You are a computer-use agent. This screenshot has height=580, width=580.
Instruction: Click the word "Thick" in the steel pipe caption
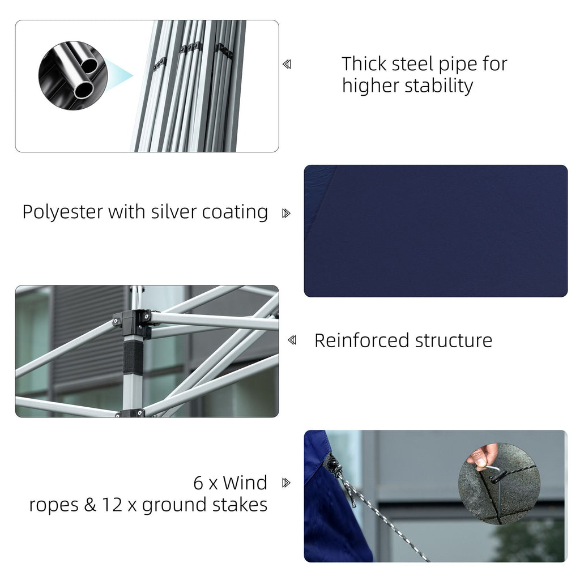(363, 64)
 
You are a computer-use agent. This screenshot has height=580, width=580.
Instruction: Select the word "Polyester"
(62, 212)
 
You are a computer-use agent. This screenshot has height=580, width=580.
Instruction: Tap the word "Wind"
(245, 483)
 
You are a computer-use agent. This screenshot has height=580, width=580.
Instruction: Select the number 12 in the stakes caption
(112, 505)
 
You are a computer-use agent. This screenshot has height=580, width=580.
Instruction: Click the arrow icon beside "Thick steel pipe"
(287, 65)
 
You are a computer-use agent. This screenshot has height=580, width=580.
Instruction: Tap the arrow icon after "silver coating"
(286, 214)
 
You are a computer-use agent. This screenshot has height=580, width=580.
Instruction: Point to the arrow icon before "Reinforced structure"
(292, 340)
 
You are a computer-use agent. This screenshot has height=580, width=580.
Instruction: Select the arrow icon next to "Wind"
(286, 483)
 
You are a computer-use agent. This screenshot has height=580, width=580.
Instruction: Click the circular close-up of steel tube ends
(73, 75)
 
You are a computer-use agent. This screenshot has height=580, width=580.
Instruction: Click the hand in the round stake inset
(483, 457)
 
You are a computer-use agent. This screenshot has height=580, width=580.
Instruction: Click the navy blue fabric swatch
(436, 231)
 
